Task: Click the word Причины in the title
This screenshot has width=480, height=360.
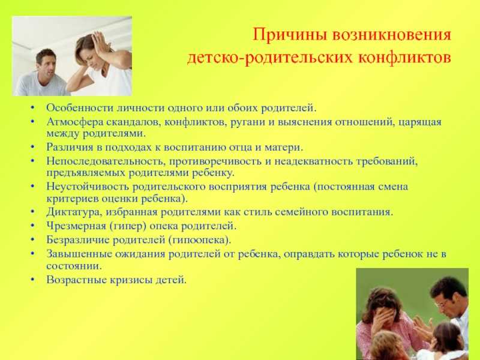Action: (x=290, y=35)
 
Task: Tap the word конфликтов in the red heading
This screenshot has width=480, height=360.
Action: (x=404, y=57)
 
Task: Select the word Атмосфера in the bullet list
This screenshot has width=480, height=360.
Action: (x=75, y=122)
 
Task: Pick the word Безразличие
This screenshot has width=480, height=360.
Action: (x=78, y=239)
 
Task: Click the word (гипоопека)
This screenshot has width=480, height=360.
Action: (x=199, y=240)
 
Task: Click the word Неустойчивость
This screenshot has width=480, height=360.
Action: (x=88, y=187)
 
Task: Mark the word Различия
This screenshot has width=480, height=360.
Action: (x=70, y=147)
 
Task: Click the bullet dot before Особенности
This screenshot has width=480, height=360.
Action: (x=32, y=108)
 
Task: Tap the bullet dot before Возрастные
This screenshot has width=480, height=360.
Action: (x=32, y=280)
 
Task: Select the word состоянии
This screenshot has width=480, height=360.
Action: (x=74, y=266)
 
